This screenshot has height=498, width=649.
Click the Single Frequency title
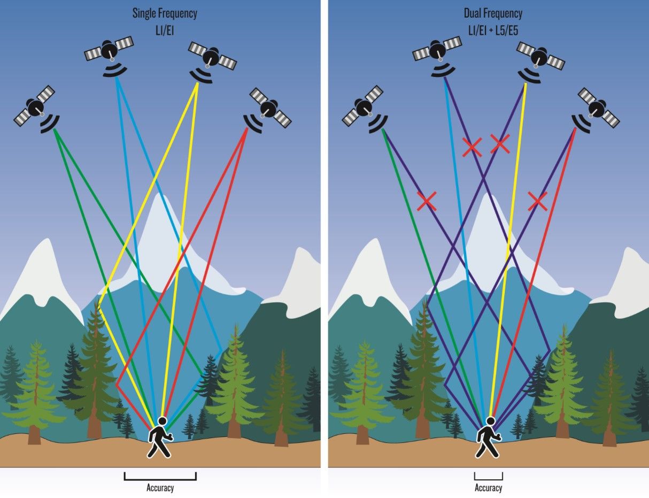(165, 13)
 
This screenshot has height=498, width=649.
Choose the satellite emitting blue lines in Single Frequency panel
(109, 51)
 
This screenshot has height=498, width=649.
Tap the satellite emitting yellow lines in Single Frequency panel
(212, 56)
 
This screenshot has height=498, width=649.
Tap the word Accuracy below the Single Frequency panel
(160, 487)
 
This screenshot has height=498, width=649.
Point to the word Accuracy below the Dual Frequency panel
(488, 487)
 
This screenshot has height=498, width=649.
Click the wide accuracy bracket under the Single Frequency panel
(160, 476)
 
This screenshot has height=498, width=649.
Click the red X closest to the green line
(426, 201)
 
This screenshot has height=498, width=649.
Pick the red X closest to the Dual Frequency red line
(537, 201)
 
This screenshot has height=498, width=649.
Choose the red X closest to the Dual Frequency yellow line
(500, 143)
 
